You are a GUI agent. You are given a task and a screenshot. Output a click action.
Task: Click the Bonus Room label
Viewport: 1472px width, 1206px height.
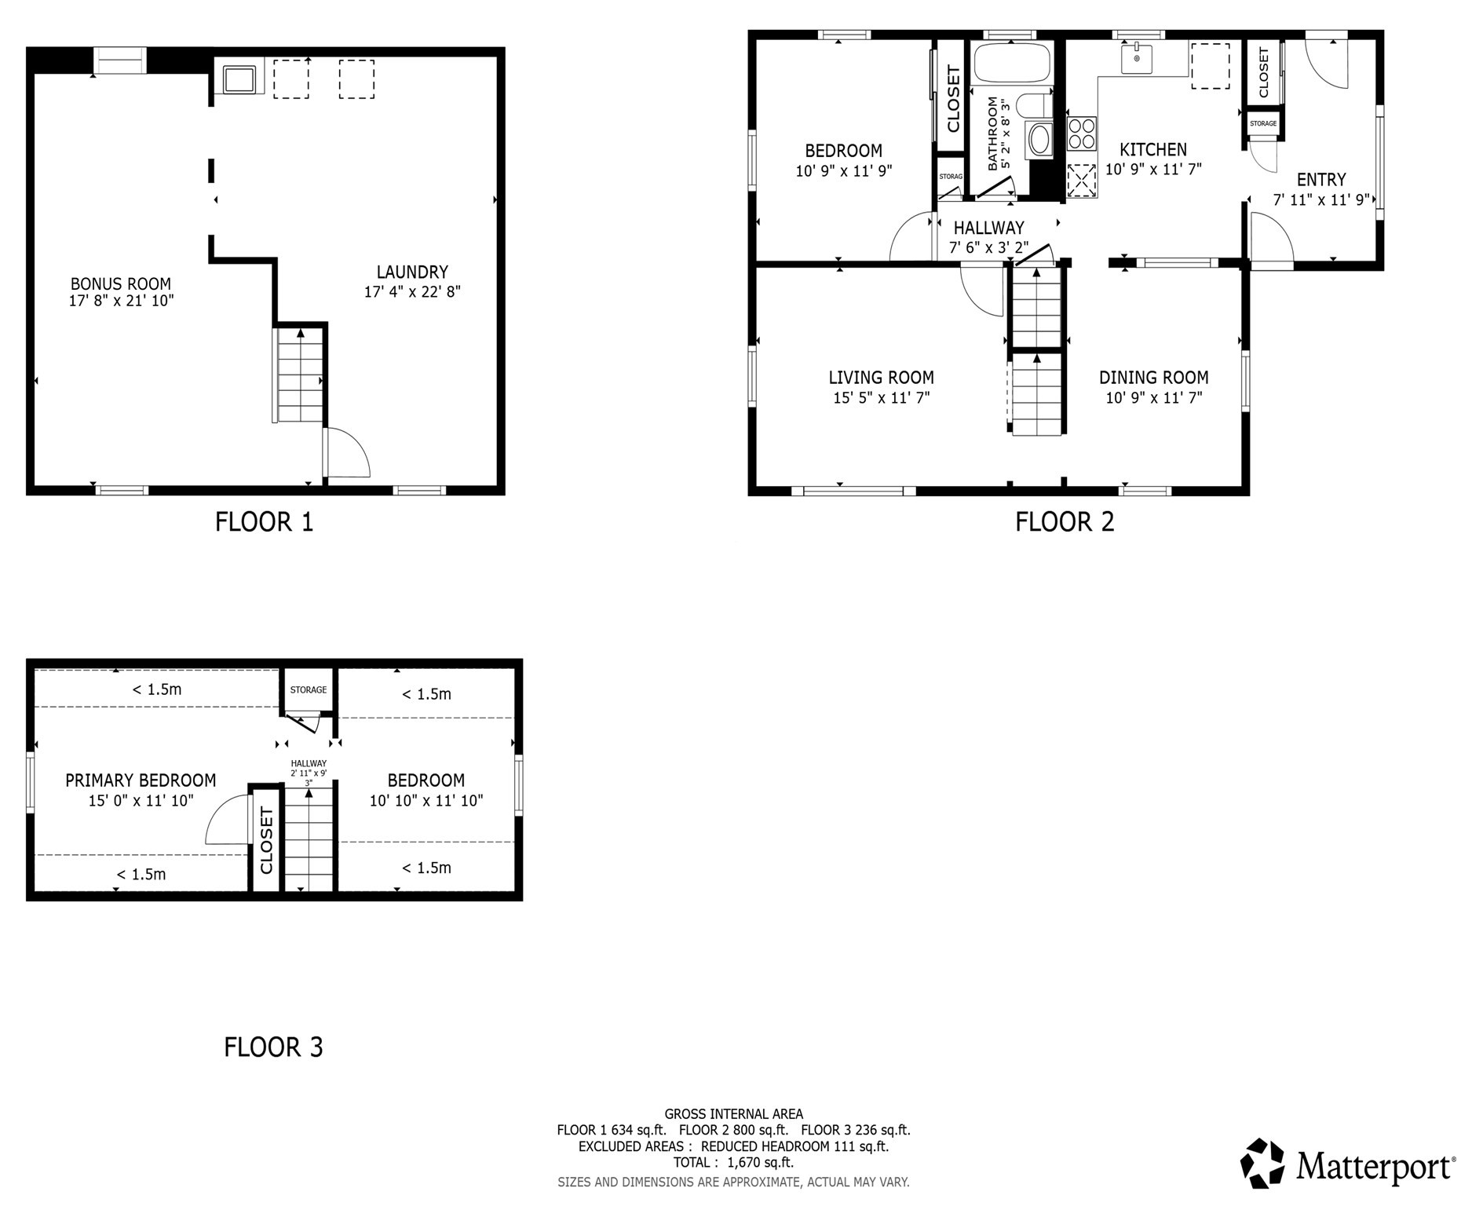click(120, 283)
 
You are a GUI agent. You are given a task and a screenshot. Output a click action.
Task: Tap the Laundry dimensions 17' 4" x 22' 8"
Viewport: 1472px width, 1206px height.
click(411, 292)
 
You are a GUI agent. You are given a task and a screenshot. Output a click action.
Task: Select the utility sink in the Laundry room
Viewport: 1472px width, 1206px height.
click(239, 79)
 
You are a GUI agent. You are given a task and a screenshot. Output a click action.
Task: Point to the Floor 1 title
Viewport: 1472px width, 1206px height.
click(264, 522)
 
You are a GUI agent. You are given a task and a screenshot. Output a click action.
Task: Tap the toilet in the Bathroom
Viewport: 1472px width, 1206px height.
click(1033, 105)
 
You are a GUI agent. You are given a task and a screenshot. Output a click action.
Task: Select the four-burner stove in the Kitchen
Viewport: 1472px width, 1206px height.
click(1081, 133)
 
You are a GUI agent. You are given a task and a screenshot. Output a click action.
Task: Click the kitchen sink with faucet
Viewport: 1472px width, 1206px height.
click(1136, 59)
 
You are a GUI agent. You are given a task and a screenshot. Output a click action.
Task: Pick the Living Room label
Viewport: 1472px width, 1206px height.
click(881, 378)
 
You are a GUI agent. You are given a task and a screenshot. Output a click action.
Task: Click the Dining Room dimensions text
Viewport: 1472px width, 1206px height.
click(1153, 398)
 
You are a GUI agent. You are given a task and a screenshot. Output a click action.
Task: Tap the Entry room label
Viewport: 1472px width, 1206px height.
click(1320, 179)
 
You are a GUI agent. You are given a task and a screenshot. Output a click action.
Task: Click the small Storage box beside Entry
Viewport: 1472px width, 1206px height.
click(1262, 124)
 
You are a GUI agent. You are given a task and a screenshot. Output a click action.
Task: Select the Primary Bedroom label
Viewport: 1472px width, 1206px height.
click(141, 780)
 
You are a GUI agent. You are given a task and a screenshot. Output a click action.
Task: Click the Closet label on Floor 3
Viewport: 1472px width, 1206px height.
click(266, 840)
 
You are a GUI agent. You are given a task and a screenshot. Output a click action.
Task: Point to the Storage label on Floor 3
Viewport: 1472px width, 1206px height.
click(308, 690)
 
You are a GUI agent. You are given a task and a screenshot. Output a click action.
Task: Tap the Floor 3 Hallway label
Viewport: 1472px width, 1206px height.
click(309, 763)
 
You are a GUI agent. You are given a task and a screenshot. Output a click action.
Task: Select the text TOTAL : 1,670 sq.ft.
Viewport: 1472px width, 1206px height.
click(732, 1162)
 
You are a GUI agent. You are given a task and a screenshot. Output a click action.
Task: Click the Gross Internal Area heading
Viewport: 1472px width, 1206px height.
click(733, 1113)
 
